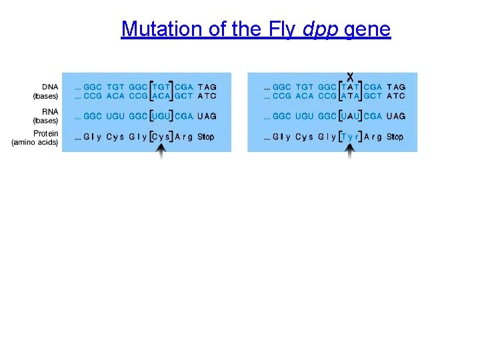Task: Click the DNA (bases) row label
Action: pyautogui.click(x=45, y=91)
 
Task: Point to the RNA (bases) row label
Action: pyautogui.click(x=45, y=116)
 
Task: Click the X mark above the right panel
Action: pyautogui.click(x=351, y=76)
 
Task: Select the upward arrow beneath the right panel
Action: pyautogui.click(x=351, y=150)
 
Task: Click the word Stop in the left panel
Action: pyautogui.click(x=207, y=137)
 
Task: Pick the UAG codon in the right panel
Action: pyautogui.click(x=396, y=116)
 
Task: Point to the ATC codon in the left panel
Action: pyautogui.click(x=207, y=96)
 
